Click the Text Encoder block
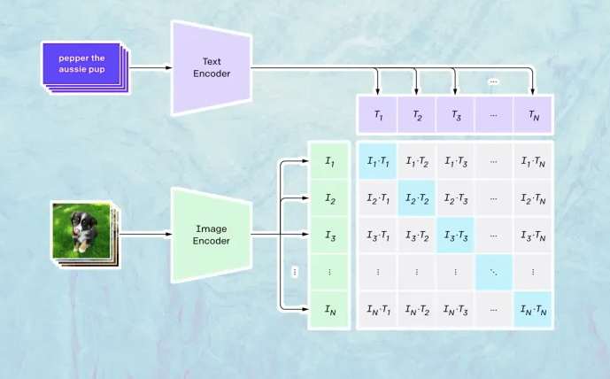212,67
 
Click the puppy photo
81,231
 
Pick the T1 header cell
378,116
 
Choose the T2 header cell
416,116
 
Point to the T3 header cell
455,116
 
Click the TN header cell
532,116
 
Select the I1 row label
328,161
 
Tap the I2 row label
328,198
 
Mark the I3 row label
328,236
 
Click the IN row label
328,309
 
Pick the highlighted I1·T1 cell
378,161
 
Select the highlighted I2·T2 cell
416,198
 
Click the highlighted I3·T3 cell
455,236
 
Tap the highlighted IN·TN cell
532,309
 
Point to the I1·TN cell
532,161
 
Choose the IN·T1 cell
378,309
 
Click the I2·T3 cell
455,198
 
